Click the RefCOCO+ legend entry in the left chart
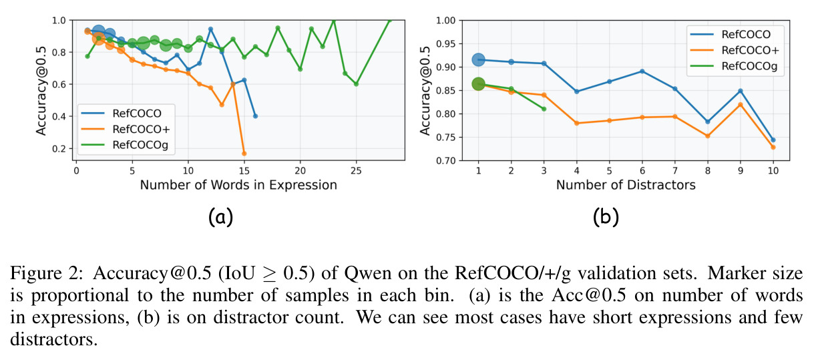126,129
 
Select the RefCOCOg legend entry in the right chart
734,66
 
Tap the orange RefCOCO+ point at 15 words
244,154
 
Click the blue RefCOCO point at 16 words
255,116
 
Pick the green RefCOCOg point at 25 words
356,84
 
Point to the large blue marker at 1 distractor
478,59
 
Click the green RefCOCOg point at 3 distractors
544,109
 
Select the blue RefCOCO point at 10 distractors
773,140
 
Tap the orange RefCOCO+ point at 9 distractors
741,105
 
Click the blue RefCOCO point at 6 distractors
642,71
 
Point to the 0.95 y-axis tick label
446,43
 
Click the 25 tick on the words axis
356,170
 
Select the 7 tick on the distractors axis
675,170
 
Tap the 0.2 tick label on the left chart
59,149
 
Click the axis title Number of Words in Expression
238,185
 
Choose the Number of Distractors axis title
626,185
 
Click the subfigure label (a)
220,218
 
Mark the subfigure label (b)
606,218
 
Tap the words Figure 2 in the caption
47,273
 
